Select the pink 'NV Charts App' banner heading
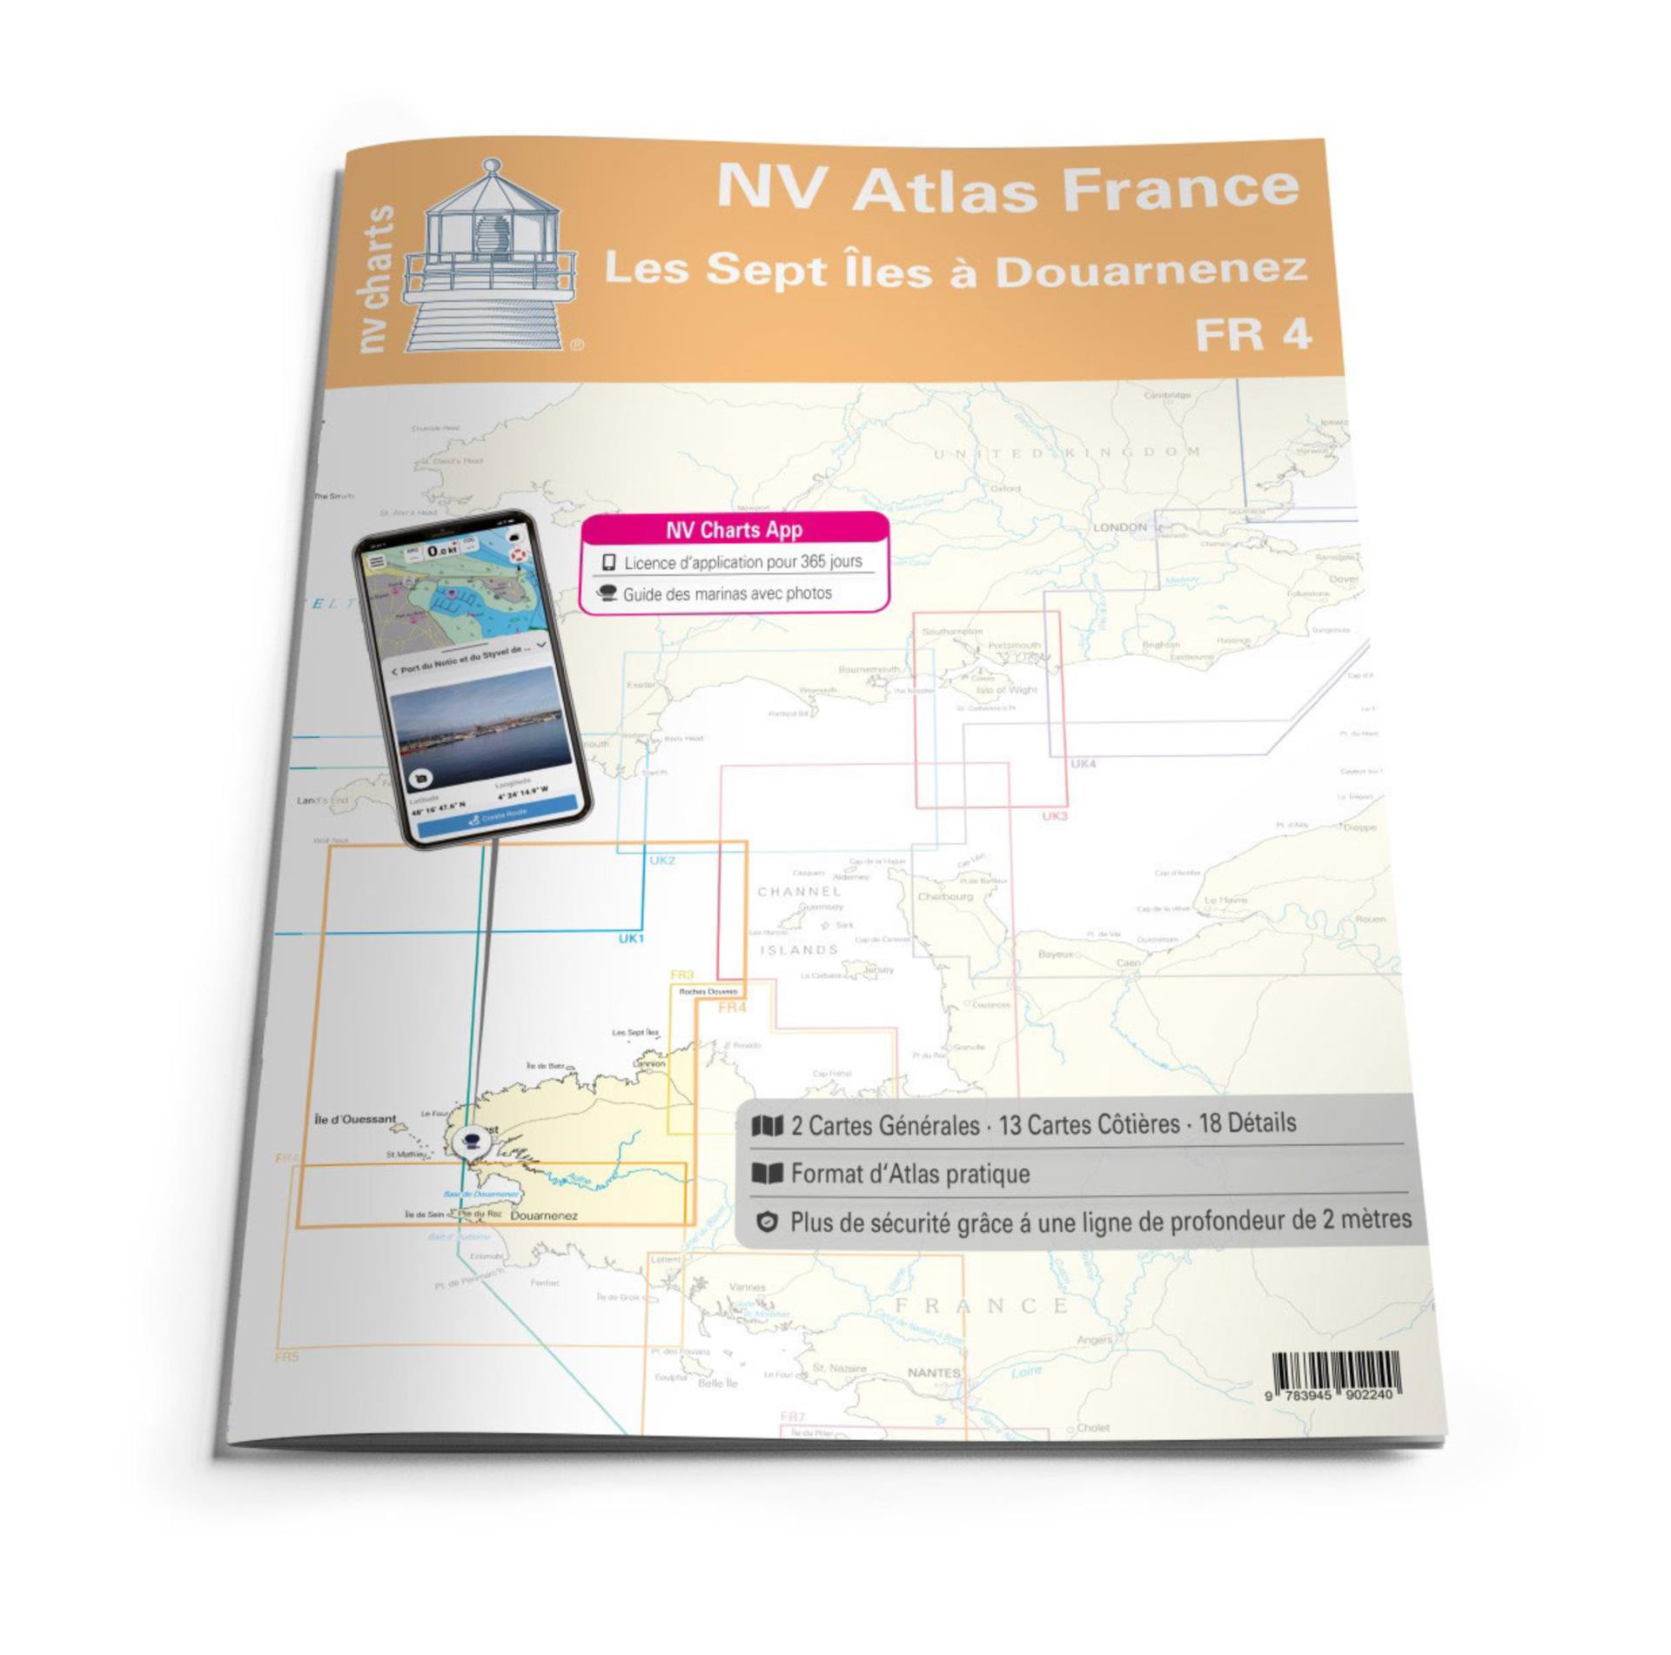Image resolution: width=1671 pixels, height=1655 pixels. pyautogui.click(x=734, y=530)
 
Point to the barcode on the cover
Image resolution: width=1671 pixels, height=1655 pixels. pyautogui.click(x=1335, y=1374)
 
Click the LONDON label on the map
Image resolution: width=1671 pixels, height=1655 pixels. pyautogui.click(x=1119, y=527)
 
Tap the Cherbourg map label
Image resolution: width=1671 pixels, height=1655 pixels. pyautogui.click(x=945, y=896)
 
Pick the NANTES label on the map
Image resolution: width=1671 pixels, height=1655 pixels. pyautogui.click(x=934, y=1372)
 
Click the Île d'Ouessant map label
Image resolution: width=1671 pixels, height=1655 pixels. pyautogui.click(x=355, y=1118)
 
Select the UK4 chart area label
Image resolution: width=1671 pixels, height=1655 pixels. pyautogui.click(x=1083, y=764)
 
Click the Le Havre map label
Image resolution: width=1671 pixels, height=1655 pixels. pyautogui.click(x=1225, y=900)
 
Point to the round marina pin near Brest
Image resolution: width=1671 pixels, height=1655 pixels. pyautogui.click(x=473, y=1141)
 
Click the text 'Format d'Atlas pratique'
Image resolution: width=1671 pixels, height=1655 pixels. pyautogui.click(x=909, y=1174)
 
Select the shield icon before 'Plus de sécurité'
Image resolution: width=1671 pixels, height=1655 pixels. pyautogui.click(x=766, y=1223)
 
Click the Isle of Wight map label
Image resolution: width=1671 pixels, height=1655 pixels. pyautogui.click(x=1007, y=689)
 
